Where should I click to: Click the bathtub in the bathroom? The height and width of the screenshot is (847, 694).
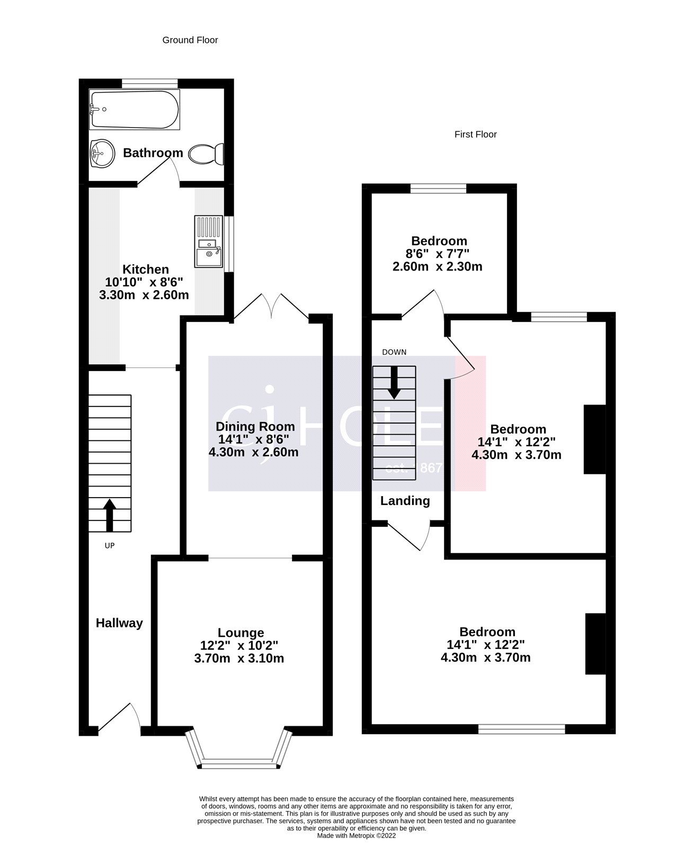135,110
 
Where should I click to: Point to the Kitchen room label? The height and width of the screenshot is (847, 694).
145,269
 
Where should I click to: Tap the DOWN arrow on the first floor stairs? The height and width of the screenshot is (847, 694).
394,382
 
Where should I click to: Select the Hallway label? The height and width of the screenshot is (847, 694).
119,623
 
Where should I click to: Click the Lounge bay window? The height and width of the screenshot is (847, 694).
239,763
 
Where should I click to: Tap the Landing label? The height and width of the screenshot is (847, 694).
405,501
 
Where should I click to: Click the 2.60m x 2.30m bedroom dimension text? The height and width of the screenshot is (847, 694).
437,266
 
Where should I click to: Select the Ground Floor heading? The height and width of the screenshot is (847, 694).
190,40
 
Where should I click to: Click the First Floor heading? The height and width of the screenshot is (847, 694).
475,134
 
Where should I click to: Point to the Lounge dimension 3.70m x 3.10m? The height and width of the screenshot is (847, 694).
239,659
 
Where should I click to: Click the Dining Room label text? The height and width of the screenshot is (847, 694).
255,427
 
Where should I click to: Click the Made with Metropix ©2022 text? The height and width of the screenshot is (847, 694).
356,836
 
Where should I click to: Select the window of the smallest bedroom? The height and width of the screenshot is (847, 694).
438,188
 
